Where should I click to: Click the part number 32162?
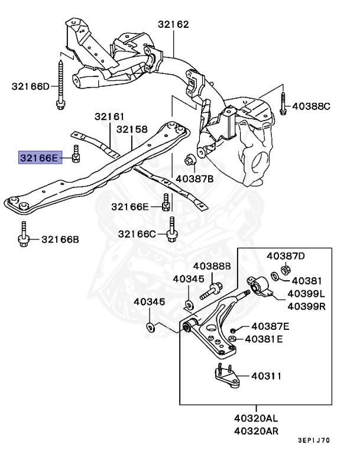(173, 25)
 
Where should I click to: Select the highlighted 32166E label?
(40, 158)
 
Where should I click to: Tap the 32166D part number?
(31, 86)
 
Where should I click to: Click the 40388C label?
(311, 106)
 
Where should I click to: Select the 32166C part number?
(137, 234)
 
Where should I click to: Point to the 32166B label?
(60, 240)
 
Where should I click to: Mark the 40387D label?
(286, 256)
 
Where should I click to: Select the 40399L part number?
(307, 294)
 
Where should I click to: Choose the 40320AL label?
(256, 419)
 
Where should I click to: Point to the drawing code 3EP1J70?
(314, 441)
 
